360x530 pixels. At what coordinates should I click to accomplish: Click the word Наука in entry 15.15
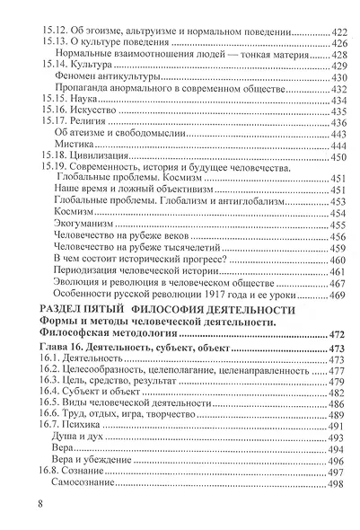[80, 99]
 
